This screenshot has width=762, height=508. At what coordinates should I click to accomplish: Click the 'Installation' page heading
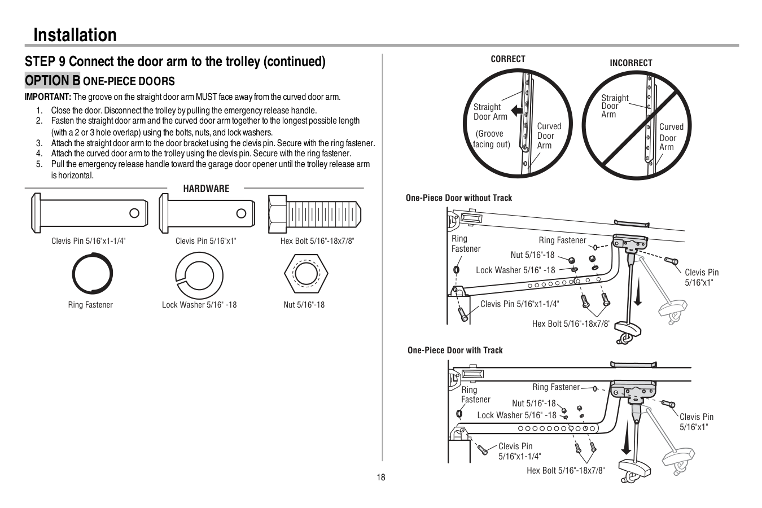tap(75, 35)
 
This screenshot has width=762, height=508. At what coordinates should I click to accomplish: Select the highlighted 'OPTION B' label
tap(52, 81)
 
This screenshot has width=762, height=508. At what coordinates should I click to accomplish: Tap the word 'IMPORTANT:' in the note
tap(48, 97)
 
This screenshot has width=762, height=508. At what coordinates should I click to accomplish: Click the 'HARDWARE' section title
tap(206, 189)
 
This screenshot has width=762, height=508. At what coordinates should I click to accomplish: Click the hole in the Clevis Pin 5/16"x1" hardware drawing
tap(241, 213)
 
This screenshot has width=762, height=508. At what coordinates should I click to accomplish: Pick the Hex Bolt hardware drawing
tap(314, 213)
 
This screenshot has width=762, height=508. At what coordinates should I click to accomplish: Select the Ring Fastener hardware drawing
tap(93, 274)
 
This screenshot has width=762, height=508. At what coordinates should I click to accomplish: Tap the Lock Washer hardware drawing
tap(200, 274)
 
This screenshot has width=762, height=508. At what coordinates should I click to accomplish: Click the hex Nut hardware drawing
tap(305, 274)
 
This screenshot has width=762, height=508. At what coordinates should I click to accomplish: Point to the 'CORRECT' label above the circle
tap(508, 59)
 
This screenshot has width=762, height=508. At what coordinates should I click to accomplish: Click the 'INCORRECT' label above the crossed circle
tap(630, 63)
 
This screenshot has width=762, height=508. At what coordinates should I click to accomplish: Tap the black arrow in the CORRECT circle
tap(516, 111)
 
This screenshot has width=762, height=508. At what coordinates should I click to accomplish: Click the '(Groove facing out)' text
tap(491, 139)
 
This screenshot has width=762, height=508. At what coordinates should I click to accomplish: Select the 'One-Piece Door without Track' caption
tap(459, 198)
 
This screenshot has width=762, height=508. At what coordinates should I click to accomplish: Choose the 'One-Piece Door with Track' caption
tap(455, 350)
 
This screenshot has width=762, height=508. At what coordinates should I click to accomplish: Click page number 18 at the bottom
tap(381, 478)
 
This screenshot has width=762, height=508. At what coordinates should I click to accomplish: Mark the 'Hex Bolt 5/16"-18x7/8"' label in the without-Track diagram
tap(571, 324)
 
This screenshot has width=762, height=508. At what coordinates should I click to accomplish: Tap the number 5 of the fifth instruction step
tap(39, 164)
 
